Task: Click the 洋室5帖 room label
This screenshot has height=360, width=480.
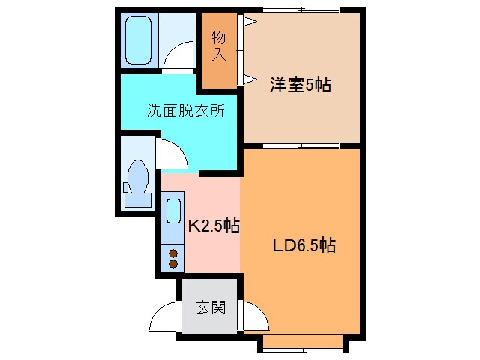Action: pyautogui.click(x=301, y=85)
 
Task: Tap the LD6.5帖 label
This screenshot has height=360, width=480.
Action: pyautogui.click(x=303, y=244)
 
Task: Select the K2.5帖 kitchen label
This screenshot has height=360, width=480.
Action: pyautogui.click(x=213, y=226)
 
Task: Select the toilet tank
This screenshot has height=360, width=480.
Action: pyautogui.click(x=136, y=199)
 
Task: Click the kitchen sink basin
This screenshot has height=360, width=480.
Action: pyautogui.click(x=173, y=211)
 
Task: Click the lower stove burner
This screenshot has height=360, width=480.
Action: pyautogui.click(x=173, y=264)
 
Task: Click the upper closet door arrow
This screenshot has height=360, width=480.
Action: pyautogui.click(x=249, y=23)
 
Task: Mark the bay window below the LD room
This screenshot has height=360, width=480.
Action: pyautogui.click(x=303, y=343)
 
